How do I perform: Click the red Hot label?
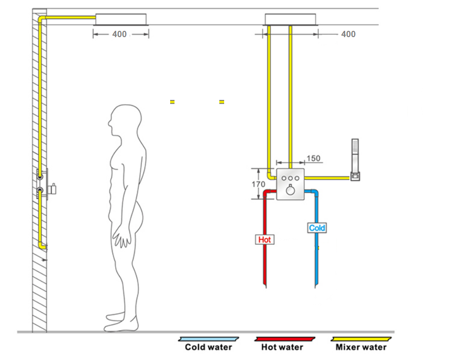pos(265,240)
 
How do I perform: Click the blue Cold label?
pos(317,228)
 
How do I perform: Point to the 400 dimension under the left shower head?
pos(119,34)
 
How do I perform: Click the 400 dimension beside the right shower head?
pos(348,34)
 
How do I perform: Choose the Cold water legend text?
pos(208,347)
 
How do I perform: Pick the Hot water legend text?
pos(282,347)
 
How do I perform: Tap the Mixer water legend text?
pos(361,347)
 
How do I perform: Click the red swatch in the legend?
pos(285,339)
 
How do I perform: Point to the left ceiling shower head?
pos(121,19)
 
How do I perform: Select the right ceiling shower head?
pos(292,19)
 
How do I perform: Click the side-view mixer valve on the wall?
pos(48,184)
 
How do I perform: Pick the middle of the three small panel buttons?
pos(291,178)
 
